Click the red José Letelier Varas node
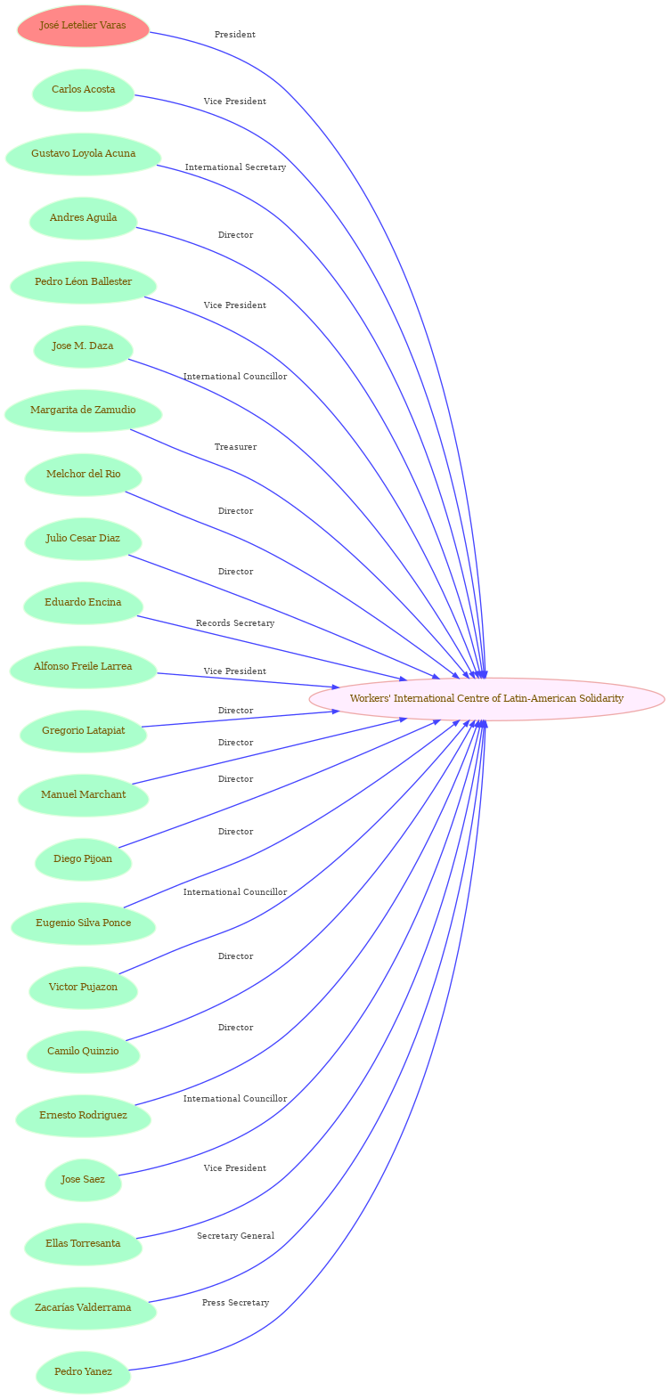click(x=83, y=26)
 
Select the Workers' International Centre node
click(x=486, y=698)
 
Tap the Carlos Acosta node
click(x=83, y=90)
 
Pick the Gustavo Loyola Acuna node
click(x=83, y=154)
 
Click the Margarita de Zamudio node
click(x=83, y=411)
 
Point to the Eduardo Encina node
click(x=83, y=603)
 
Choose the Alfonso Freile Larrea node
click(x=83, y=667)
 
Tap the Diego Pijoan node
click(x=83, y=859)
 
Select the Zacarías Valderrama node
click(x=83, y=1308)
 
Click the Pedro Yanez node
click(x=83, y=1372)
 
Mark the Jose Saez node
click(x=83, y=1180)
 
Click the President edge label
click(x=235, y=35)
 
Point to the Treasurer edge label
click(x=235, y=447)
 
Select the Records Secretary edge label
click(x=235, y=623)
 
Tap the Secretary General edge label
click(x=235, y=1236)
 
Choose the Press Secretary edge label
click(x=235, y=1303)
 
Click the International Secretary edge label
click(x=235, y=167)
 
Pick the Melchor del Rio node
click(x=83, y=475)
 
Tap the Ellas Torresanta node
click(x=83, y=1244)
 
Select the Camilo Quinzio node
click(x=83, y=1052)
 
